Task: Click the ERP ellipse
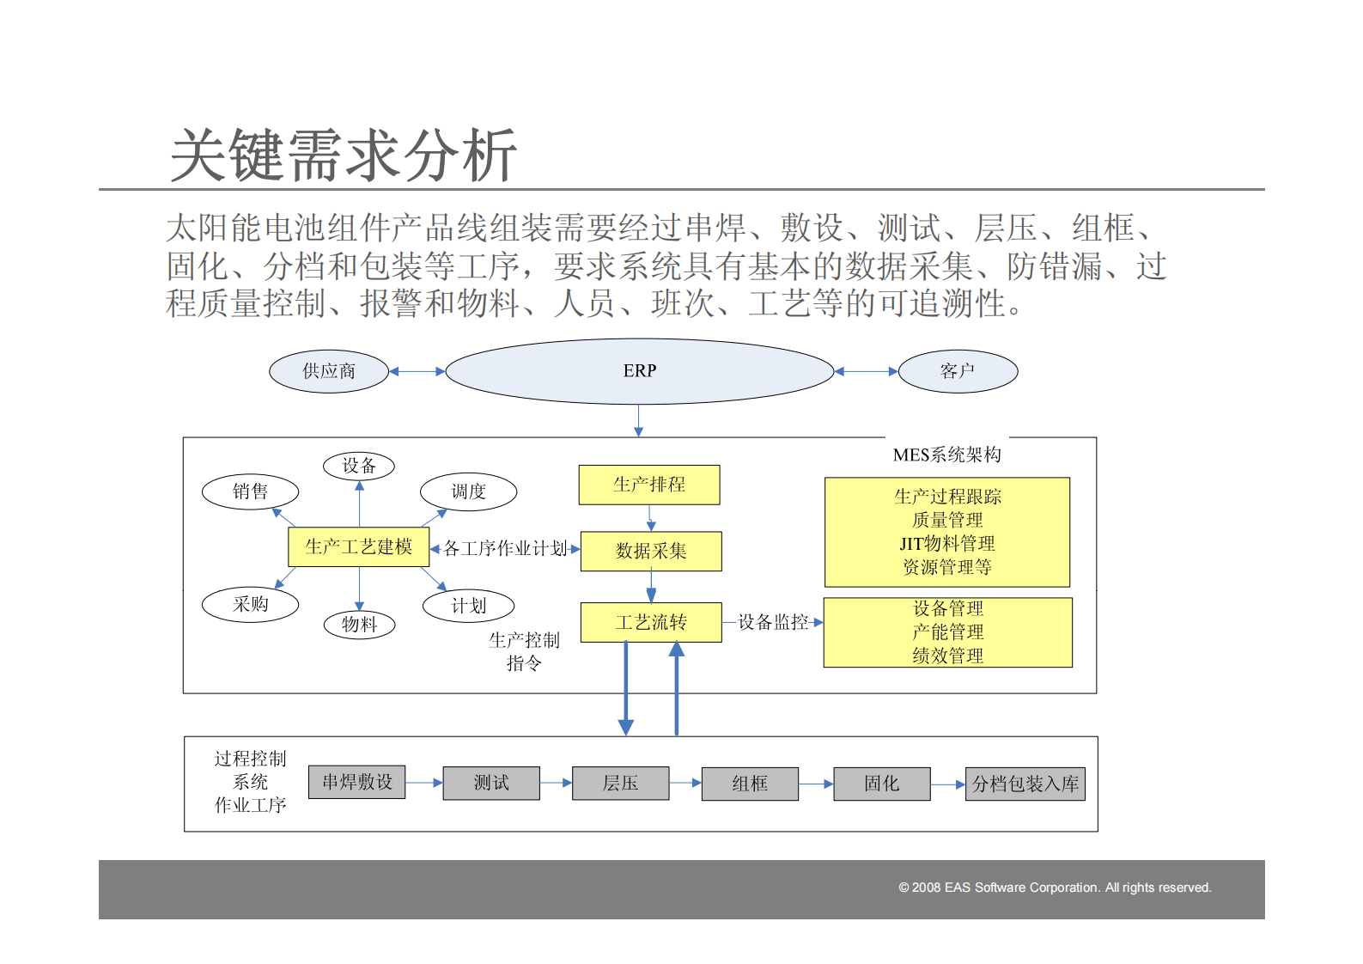(x=639, y=371)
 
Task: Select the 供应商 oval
(x=329, y=371)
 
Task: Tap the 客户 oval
(x=957, y=371)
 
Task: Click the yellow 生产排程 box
(x=649, y=485)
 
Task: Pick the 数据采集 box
(x=651, y=551)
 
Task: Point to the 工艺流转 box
(x=651, y=622)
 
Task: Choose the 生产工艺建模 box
(x=358, y=546)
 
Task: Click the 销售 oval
(x=250, y=491)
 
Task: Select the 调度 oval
(x=468, y=491)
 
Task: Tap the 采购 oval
(x=250, y=604)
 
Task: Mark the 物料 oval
(x=359, y=625)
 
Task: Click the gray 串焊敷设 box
(x=356, y=783)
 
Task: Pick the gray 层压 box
(x=620, y=784)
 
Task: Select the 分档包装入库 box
(x=1025, y=784)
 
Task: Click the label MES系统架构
(x=946, y=455)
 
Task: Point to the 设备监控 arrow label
(x=773, y=622)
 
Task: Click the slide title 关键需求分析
(x=344, y=156)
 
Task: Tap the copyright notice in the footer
(x=1055, y=888)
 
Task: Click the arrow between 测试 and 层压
(x=556, y=783)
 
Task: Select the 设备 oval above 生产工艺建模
(x=359, y=466)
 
